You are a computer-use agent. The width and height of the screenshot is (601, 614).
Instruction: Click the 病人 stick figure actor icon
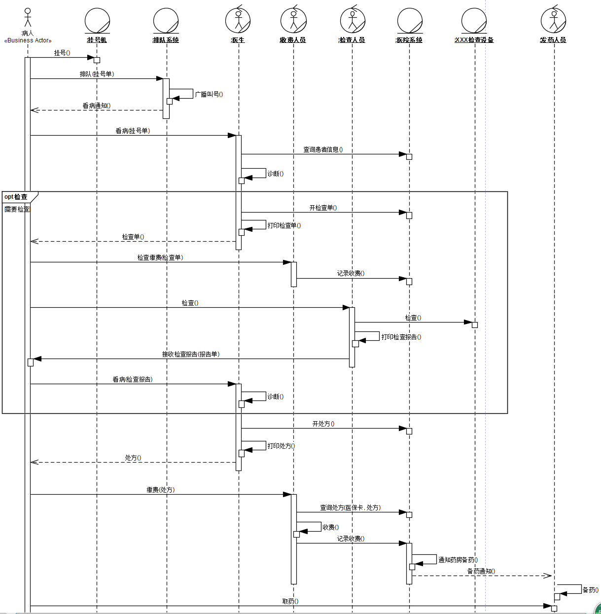(x=28, y=18)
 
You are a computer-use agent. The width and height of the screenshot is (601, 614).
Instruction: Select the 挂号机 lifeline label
(x=97, y=40)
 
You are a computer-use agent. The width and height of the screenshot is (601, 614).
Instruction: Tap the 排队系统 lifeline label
(x=166, y=40)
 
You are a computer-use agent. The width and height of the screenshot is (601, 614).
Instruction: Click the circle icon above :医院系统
(x=410, y=21)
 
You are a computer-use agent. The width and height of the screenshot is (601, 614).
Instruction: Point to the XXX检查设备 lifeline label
(x=474, y=40)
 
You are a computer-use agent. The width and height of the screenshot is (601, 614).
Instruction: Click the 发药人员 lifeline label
(x=553, y=40)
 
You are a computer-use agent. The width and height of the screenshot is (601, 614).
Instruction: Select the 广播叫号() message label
(x=209, y=94)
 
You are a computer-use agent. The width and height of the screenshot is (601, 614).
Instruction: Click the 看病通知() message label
(x=97, y=106)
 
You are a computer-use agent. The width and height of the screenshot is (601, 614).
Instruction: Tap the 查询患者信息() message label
(x=323, y=149)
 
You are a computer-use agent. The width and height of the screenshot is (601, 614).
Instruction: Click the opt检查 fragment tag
(x=16, y=197)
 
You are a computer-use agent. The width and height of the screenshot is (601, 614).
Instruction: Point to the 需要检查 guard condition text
(x=17, y=209)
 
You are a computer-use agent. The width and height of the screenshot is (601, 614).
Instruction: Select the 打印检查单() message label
(x=284, y=225)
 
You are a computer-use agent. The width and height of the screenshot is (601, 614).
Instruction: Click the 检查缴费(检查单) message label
(x=160, y=257)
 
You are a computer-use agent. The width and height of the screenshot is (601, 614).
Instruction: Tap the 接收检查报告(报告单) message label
(x=191, y=354)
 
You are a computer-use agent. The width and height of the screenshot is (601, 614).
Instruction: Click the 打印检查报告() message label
(x=401, y=337)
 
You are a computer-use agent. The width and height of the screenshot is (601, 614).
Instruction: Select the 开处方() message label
(x=323, y=424)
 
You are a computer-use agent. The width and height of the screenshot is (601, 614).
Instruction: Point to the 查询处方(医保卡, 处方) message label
(x=351, y=507)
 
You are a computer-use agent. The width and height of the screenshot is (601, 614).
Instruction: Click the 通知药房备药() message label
(x=458, y=560)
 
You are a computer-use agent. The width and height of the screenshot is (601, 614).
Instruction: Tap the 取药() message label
(x=290, y=601)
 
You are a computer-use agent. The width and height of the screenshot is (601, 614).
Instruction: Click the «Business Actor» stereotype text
(x=28, y=40)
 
